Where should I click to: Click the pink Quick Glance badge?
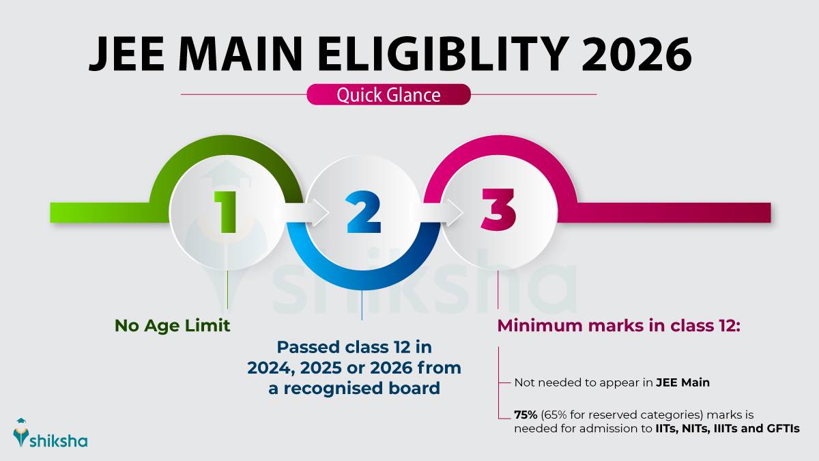click(x=388, y=95)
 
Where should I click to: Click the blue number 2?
click(x=362, y=211)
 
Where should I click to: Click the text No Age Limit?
click(x=172, y=326)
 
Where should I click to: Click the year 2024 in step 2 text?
click(x=272, y=368)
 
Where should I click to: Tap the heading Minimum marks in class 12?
click(x=618, y=326)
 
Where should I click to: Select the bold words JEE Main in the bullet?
click(x=682, y=382)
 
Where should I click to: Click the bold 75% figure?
click(x=527, y=415)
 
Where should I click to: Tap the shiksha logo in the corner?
click(x=51, y=434)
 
